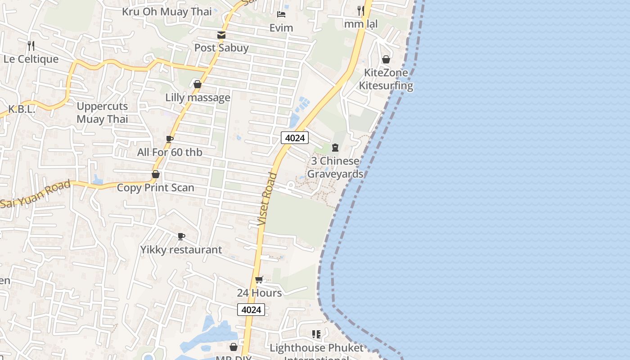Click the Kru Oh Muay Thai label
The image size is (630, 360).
166,11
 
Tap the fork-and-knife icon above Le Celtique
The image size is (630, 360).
31,45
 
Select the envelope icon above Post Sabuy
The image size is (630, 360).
221,35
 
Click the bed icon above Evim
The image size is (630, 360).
281,15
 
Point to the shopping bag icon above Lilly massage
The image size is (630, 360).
197,84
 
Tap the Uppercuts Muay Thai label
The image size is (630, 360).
102,112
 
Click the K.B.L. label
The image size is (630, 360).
22,109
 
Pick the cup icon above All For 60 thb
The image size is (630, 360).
170,139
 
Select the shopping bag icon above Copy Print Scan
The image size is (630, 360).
156,174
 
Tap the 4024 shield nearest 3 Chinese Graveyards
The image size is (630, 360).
295,138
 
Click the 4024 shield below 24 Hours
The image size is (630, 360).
251,310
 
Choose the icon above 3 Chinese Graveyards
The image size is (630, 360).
335,148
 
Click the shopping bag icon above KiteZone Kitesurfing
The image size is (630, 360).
386,59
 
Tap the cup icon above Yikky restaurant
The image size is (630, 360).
181,236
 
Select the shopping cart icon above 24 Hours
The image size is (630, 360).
259,280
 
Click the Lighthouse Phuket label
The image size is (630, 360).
316,348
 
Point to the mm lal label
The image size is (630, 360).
361,23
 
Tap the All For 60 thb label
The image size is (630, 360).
170,152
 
